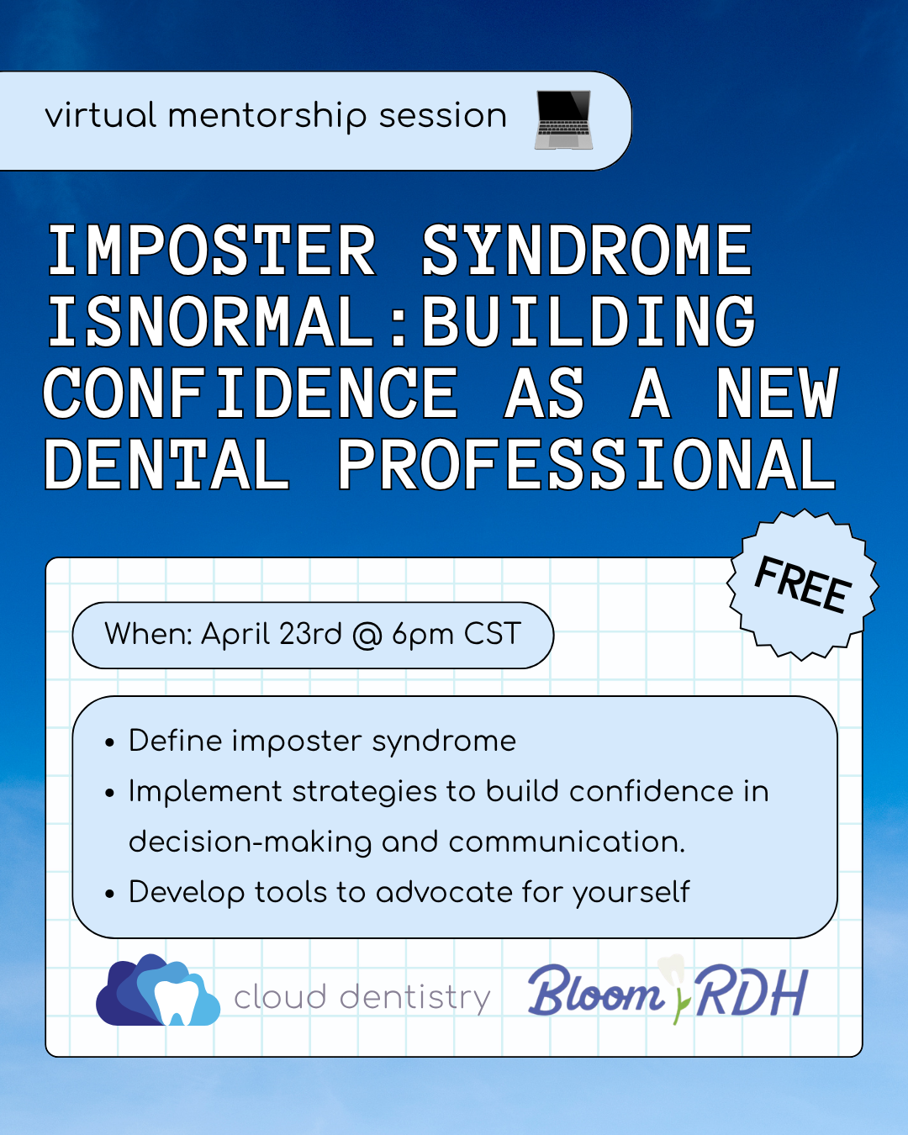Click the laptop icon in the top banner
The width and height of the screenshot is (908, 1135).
[x=563, y=119]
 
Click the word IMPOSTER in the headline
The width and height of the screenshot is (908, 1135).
[x=211, y=251]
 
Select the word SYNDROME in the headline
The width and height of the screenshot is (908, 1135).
[x=586, y=251]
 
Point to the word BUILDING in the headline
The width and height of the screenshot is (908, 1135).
[x=589, y=322]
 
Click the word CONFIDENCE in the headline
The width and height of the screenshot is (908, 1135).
[x=251, y=393]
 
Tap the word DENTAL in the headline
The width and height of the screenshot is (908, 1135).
[x=166, y=465]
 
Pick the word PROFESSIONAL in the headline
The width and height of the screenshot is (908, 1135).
[x=586, y=465]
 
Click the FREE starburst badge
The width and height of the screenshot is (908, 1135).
[x=803, y=584]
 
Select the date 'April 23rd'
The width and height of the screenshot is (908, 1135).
[x=272, y=634]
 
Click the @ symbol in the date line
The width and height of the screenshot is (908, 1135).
[x=367, y=635]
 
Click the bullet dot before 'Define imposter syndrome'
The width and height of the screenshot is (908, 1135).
[x=109, y=743]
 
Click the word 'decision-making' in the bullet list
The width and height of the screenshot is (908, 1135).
[x=250, y=842]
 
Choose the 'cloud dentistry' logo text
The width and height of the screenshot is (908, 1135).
[x=362, y=997]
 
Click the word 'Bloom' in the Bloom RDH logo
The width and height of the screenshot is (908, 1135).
[x=595, y=993]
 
